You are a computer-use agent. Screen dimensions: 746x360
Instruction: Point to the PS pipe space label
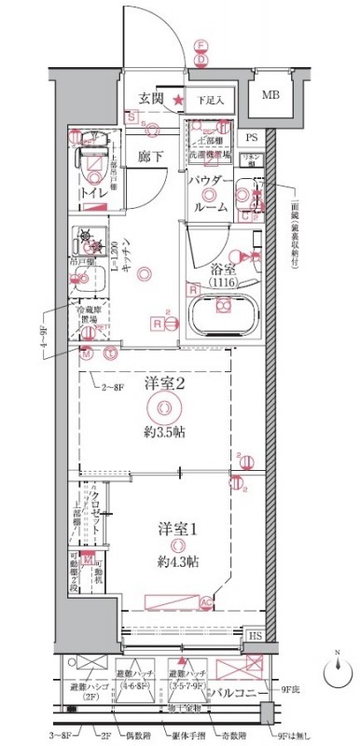pyautogui.click(x=250, y=136)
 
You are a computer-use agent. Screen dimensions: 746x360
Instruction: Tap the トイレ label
pyautogui.click(x=92, y=192)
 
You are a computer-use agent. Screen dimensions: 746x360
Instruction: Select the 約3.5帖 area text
pyautogui.click(x=165, y=433)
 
